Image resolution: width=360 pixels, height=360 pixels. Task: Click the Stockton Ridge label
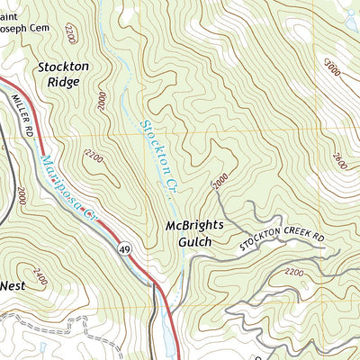click(x=58, y=74)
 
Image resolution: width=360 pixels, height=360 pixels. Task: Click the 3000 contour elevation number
click(x=333, y=67)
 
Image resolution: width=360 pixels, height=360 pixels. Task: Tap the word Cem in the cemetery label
click(x=47, y=15)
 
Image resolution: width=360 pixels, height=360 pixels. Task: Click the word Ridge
click(x=59, y=82)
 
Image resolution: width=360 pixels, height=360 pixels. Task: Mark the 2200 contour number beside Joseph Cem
click(x=70, y=36)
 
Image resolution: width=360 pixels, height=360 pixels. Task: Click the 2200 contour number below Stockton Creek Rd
click(x=293, y=271)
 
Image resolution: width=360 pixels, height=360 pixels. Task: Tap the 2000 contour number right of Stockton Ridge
click(x=102, y=100)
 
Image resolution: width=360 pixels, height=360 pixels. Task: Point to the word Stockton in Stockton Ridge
click(x=58, y=66)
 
